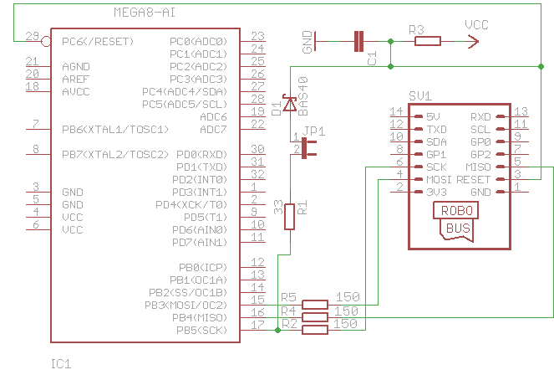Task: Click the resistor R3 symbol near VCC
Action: tap(427, 41)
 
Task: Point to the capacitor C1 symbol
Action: tap(359, 41)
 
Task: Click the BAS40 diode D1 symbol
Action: tap(290, 104)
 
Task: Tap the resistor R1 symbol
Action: tap(290, 216)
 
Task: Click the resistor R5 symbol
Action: tap(315, 305)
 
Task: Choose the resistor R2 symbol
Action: tap(315, 330)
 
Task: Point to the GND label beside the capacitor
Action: tap(308, 42)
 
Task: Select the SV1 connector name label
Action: tap(419, 96)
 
